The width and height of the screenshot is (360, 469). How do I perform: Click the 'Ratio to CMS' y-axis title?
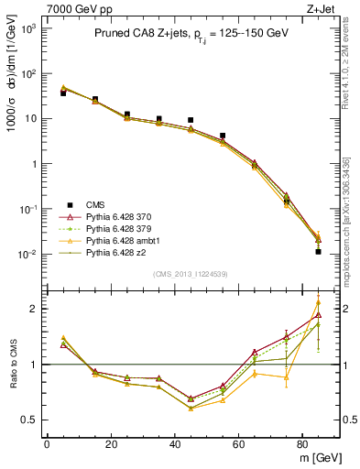click(x=12, y=364)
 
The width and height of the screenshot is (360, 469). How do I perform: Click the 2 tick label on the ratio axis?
click(x=35, y=309)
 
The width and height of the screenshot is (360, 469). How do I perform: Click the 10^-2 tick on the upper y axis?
click(x=27, y=255)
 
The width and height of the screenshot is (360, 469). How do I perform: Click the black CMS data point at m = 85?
click(x=318, y=251)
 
